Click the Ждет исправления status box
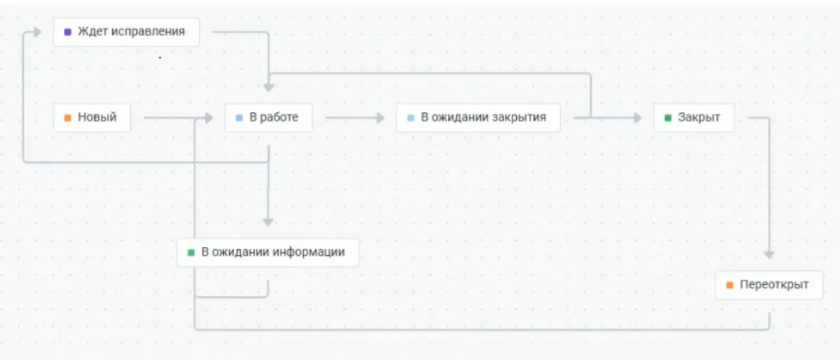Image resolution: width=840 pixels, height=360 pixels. coord(126,31)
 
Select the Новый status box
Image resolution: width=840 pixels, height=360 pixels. coord(92,118)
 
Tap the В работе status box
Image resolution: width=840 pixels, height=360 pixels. coord(269,118)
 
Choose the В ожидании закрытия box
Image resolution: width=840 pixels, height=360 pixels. coord(479,118)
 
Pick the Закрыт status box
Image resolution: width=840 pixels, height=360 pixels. coord(693,118)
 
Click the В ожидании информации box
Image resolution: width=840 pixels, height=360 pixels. coord(268,252)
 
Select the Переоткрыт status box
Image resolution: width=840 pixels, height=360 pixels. coord(769,285)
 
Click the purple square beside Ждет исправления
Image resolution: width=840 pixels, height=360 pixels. coord(67,32)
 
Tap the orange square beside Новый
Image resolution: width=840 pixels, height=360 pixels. coord(67,118)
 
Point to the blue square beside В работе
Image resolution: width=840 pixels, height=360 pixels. coord(239,118)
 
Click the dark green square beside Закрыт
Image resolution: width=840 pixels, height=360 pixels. coord(668,118)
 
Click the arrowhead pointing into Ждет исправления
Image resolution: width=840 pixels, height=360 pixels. coord(37,32)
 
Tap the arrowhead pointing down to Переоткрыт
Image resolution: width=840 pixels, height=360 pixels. coord(769,255)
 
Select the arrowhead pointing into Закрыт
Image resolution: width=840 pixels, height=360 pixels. coord(637,118)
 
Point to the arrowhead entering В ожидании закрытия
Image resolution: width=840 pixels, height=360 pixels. coord(381,118)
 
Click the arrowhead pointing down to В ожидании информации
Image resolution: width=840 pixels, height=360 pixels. coord(269,222)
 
